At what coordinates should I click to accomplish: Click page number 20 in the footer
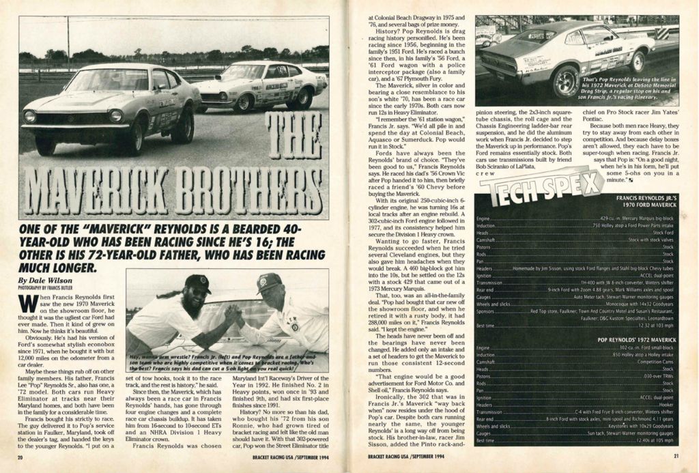[x=20, y=456]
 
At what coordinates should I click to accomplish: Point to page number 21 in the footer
[x=675, y=456]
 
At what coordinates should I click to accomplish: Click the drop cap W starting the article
[x=29, y=304]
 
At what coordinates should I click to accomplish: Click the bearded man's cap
[x=197, y=283]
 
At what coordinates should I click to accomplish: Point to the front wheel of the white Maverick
[x=244, y=102]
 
